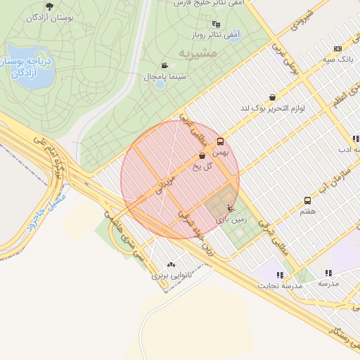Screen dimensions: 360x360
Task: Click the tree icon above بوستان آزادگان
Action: pyautogui.click(x=49, y=6)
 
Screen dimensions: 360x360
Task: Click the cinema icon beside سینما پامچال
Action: pyautogui.click(x=165, y=65)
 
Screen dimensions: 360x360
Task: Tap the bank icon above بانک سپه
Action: pyautogui.click(x=338, y=49)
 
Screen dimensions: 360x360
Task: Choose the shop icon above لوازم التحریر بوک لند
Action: pyautogui.click(x=272, y=97)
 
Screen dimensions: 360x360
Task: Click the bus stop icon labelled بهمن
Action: pyautogui.click(x=220, y=141)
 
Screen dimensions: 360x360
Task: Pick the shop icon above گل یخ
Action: pyautogui.click(x=202, y=156)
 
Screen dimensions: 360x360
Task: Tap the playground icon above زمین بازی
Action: pyautogui.click(x=231, y=208)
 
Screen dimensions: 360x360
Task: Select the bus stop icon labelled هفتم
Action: pyautogui.click(x=307, y=200)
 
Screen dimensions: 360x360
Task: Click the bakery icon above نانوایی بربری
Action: pyautogui.click(x=171, y=264)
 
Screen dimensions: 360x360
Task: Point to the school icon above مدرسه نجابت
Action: pyautogui.click(x=280, y=275)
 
